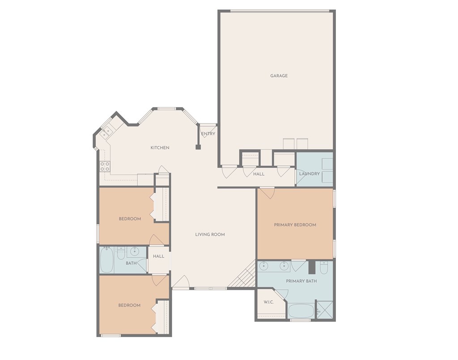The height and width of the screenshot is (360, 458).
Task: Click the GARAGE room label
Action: pyautogui.click(x=279, y=76)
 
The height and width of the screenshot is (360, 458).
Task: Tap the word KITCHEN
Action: pyautogui.click(x=160, y=148)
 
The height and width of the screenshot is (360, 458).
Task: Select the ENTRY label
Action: pyautogui.click(x=208, y=134)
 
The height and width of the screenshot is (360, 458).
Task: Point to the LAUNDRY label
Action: pyautogui.click(x=310, y=174)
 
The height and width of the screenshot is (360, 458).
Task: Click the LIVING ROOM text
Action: pyautogui.click(x=210, y=234)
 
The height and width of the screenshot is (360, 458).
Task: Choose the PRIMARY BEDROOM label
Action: pyautogui.click(x=295, y=225)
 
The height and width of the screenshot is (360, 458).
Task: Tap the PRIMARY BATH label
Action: pyautogui.click(x=301, y=281)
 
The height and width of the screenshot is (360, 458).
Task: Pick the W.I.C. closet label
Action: pyautogui.click(x=269, y=302)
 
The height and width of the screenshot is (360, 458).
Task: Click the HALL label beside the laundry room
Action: pyautogui.click(x=259, y=174)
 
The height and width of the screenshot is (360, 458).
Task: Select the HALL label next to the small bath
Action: pyautogui.click(x=159, y=256)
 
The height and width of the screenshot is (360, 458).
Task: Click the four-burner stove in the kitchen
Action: pyautogui.click(x=105, y=166)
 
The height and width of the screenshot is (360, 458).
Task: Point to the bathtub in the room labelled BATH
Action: pyautogui.click(x=106, y=260)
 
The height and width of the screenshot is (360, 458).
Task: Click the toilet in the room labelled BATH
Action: pyautogui.click(x=121, y=253)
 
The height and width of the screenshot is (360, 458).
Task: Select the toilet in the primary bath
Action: pyautogui.click(x=324, y=267)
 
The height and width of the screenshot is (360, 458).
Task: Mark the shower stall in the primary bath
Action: pyautogui.click(x=325, y=309)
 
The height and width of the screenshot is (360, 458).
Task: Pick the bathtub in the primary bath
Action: pyautogui.click(x=301, y=311)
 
